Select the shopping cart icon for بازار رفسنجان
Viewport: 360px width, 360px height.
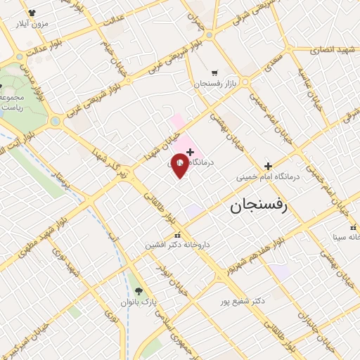click(214, 72)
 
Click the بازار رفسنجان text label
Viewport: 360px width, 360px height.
click(213, 84)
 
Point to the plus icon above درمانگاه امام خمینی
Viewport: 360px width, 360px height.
click(267, 166)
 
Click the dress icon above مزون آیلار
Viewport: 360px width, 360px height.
click(32, 13)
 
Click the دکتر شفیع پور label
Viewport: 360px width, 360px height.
click(241, 300)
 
